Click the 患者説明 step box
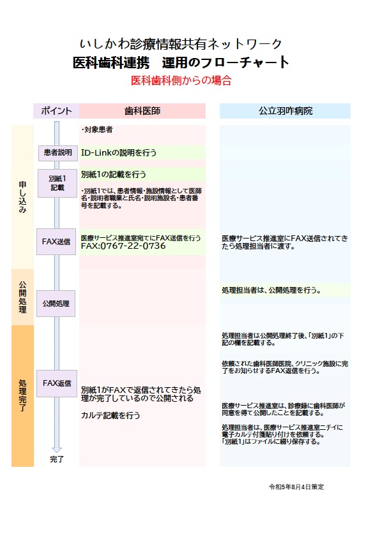tap(57, 152)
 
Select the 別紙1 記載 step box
tap(57, 183)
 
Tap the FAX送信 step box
tap(56, 242)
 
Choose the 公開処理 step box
tap(56, 304)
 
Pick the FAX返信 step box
tap(57, 383)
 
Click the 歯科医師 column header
tap(142, 111)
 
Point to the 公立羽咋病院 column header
tap(285, 111)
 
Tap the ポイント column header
tap(56, 111)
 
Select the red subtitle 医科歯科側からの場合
tap(181, 80)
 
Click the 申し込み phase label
tap(22, 197)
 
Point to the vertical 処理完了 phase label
tap(22, 395)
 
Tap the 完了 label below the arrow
tap(57, 459)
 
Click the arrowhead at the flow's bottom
tap(57, 450)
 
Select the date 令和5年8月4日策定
tap(296, 487)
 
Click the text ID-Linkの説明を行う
tap(119, 152)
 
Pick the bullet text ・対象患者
tap(97, 129)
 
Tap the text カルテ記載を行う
tap(110, 415)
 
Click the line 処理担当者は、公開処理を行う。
tap(271, 290)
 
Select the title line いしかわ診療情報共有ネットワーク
tap(181, 44)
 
